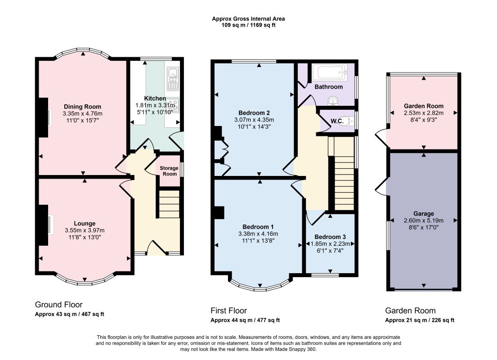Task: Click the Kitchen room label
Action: [155, 99]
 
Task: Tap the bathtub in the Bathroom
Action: [329, 72]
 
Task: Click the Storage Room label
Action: [169, 171]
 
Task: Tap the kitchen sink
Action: [173, 79]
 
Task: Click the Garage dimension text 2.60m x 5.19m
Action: [424, 220]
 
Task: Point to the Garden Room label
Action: [424, 106]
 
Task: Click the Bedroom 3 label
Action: [330, 237]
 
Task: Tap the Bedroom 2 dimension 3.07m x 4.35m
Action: [254, 120]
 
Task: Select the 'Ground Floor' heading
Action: [58, 305]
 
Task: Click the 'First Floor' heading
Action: [228, 310]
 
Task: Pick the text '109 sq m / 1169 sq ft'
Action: [248, 25]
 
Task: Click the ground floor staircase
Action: [169, 204]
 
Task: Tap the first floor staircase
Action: [344, 174]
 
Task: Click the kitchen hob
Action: [173, 105]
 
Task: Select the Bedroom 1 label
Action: [258, 227]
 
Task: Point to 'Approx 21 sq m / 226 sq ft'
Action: [420, 320]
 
